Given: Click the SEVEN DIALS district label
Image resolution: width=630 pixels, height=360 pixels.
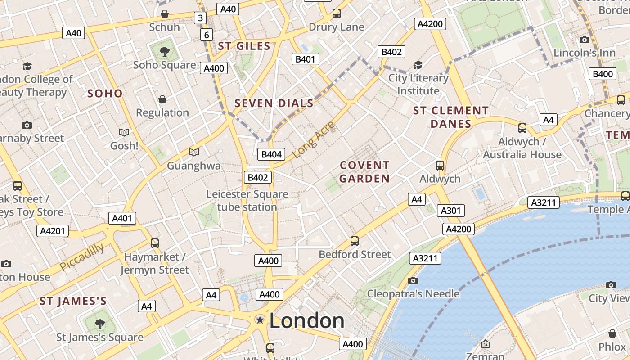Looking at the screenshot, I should pyautogui.click(x=274, y=103).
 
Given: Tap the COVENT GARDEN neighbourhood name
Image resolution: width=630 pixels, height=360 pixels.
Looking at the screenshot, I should pyautogui.click(x=364, y=172).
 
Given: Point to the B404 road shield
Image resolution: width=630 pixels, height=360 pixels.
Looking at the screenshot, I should pyautogui.click(x=272, y=154).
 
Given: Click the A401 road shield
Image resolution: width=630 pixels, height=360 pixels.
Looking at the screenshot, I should pyautogui.click(x=122, y=218).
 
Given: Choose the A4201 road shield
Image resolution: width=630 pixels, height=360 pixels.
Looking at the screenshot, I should pyautogui.click(x=53, y=231).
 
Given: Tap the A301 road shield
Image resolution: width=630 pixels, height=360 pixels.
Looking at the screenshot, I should pyautogui.click(x=450, y=211).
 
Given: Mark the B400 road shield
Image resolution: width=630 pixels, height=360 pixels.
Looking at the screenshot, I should pyautogui.click(x=603, y=74).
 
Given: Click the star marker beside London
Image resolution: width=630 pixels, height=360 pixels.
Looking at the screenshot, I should pyautogui.click(x=260, y=319).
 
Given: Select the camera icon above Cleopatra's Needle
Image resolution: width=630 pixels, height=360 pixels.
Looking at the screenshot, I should pyautogui.click(x=413, y=280).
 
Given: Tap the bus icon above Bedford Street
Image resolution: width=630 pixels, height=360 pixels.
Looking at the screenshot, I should pyautogui.click(x=355, y=241).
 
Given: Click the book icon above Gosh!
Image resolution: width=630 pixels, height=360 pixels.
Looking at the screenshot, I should pyautogui.click(x=124, y=132).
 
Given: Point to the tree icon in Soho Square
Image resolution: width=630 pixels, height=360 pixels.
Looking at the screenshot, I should pyautogui.click(x=164, y=51).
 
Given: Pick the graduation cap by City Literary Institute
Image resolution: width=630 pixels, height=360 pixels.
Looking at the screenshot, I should pyautogui.click(x=418, y=65).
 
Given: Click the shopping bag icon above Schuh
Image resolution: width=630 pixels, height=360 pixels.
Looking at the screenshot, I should pyautogui.click(x=165, y=14).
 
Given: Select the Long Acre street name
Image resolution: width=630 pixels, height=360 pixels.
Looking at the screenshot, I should pyautogui.click(x=314, y=139).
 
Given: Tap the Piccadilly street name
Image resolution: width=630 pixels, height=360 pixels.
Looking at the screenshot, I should pyautogui.click(x=82, y=257).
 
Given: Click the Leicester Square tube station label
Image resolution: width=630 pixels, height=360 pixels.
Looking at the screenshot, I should pyautogui.click(x=247, y=201).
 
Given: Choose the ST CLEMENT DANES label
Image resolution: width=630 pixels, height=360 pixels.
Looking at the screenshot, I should pyautogui.click(x=450, y=117).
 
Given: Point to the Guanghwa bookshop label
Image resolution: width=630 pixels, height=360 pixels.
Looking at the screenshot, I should pyautogui.click(x=194, y=166).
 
